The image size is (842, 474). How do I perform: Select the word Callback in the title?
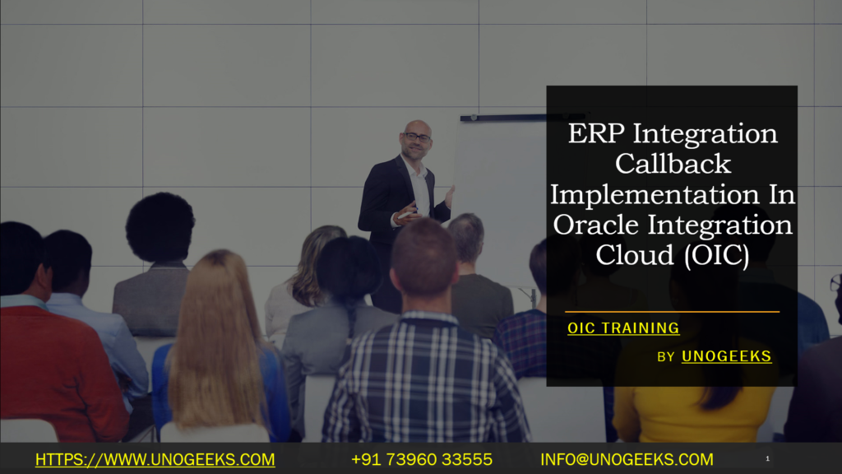(672, 164)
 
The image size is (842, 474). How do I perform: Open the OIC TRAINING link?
(623, 328)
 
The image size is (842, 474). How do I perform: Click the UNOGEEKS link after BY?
(726, 356)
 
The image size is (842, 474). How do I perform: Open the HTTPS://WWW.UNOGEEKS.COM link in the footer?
(155, 459)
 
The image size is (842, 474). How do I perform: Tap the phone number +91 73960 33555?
(421, 459)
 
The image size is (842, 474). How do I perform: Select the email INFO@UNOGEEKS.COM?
(627, 459)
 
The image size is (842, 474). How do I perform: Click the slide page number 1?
(767, 458)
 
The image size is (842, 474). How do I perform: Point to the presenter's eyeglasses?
(417, 137)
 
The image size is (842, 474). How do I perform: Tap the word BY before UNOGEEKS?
(667, 357)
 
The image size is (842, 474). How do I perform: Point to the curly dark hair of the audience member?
(160, 226)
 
